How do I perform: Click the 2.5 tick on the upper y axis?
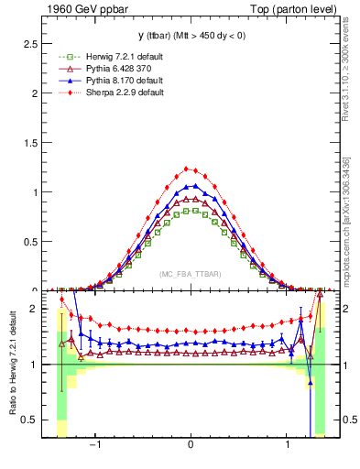[x=31, y=44]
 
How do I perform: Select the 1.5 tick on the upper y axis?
[x=31, y=143]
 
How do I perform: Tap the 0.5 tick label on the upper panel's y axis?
[x=31, y=242]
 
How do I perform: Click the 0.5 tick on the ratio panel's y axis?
[x=31, y=420]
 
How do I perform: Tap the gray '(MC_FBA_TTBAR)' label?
[x=191, y=275]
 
